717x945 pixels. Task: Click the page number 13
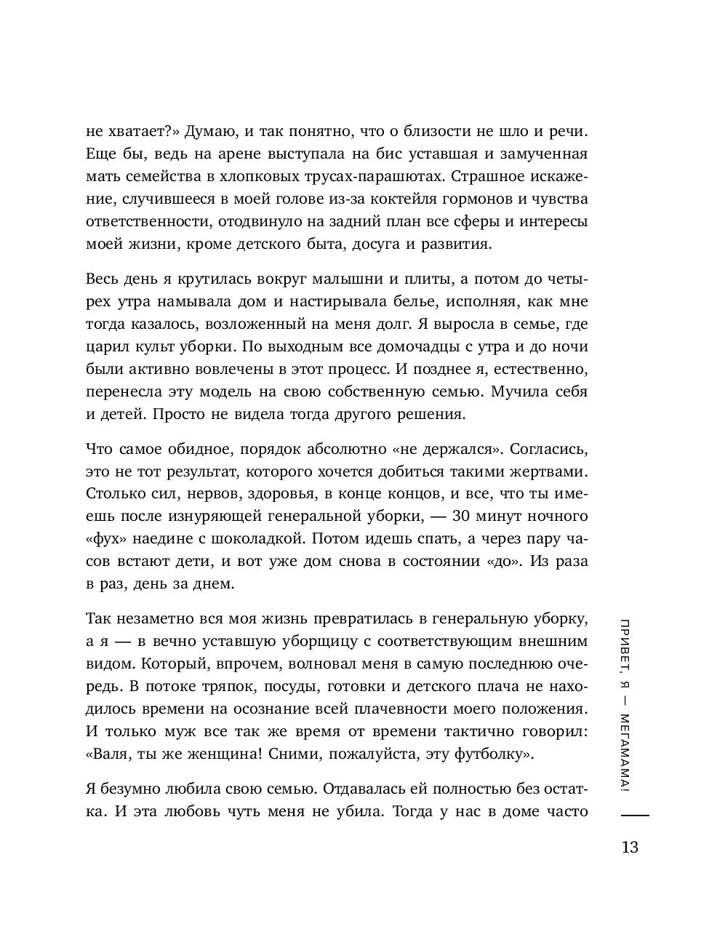tap(630, 847)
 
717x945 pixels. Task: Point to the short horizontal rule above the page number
tap(630, 818)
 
